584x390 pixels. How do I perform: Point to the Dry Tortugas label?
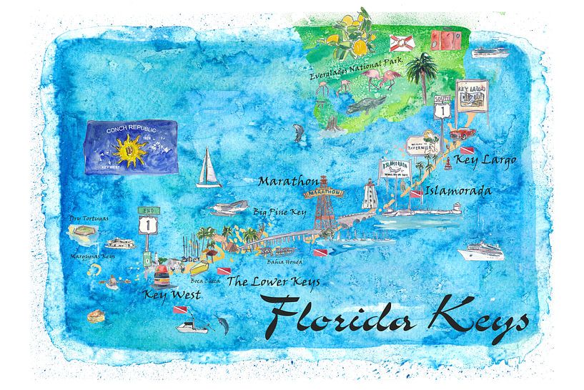pos(87,218)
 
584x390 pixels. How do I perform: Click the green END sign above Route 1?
pos(147,213)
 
